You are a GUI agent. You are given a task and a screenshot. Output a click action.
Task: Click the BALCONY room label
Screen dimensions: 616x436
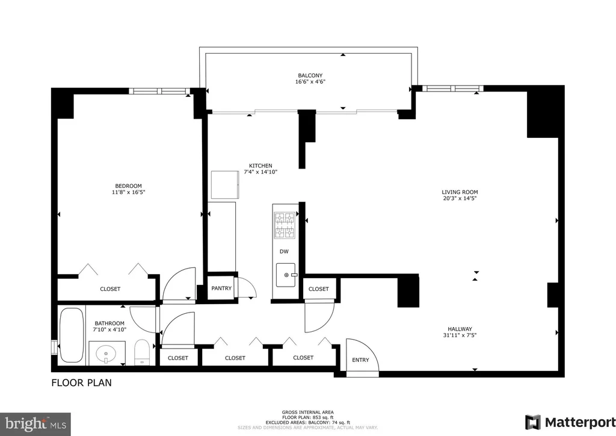point(310,75)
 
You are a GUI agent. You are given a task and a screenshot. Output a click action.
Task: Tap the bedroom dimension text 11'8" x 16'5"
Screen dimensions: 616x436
point(126,192)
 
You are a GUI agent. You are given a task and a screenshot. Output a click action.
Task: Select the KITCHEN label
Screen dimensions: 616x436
point(260,166)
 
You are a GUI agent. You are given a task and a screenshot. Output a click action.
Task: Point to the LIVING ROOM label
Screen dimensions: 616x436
point(460,192)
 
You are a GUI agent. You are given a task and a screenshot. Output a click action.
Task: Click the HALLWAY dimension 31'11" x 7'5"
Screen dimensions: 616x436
point(460,335)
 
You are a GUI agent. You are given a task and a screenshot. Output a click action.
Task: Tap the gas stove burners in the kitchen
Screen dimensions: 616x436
point(285,225)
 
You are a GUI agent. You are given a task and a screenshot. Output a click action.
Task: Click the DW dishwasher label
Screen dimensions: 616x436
point(284,252)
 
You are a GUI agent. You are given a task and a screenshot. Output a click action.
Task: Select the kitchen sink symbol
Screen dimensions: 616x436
point(286,275)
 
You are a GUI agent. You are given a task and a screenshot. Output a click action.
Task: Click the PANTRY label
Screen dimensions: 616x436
point(221,288)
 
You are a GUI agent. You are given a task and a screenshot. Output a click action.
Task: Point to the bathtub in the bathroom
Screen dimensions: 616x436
point(72,335)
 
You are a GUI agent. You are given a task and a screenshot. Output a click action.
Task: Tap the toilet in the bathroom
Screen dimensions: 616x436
point(141,352)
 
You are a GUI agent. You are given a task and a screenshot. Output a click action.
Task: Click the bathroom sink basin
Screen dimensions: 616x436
point(106,352)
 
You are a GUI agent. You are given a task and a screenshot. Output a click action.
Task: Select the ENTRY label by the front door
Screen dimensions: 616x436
point(361,360)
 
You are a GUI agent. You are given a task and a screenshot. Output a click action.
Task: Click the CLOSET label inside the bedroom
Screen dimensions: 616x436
point(110,289)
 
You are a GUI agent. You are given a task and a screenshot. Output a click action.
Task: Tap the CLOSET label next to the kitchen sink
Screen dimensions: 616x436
point(319,289)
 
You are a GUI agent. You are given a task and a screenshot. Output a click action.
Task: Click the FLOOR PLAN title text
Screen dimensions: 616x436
point(81,382)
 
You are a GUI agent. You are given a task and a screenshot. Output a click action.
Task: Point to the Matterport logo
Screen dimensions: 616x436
point(570,422)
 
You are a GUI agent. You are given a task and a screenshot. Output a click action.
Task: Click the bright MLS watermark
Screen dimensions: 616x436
point(35,424)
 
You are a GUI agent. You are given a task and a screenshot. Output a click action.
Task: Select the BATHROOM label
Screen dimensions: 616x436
point(109,323)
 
